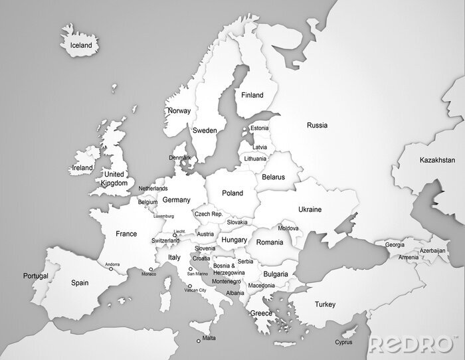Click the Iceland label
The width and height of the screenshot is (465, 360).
tap(81, 45)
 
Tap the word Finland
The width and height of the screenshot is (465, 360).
tap(252, 95)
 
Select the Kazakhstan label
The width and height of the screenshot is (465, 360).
tap(437, 160)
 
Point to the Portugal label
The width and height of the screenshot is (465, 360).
tap(35, 276)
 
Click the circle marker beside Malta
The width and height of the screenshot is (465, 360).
tap(198, 341)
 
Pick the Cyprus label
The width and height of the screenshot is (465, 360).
tap(343, 343)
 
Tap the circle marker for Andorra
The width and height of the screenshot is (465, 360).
tap(111, 269)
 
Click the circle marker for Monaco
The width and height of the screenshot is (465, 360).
tap(151, 269)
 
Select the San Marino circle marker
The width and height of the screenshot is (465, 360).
tap(191, 269)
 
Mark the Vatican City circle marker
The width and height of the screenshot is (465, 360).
tap(190, 286)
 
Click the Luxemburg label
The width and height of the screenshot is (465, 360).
tap(163, 216)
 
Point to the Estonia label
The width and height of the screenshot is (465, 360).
tap(259, 128)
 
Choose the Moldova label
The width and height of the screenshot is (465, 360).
tap(288, 228)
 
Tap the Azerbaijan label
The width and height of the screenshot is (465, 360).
tap(432, 250)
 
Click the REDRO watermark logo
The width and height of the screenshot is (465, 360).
tap(411, 344)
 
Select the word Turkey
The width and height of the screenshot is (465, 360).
tap(325, 304)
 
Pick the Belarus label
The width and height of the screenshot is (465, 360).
tap(273, 177)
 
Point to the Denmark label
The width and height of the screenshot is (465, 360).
tap(179, 157)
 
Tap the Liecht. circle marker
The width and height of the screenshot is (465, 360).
tap(175, 234)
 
